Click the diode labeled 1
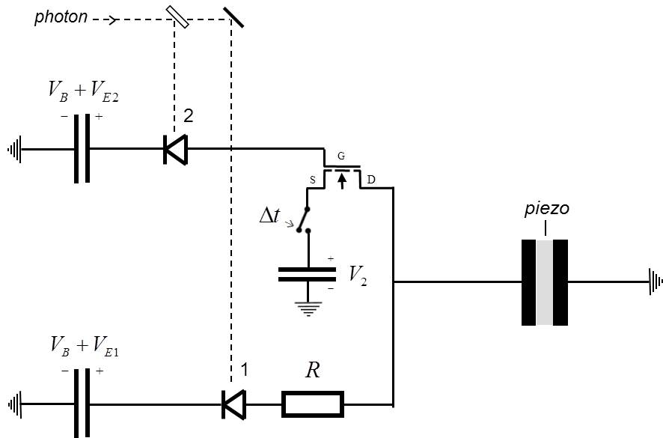pyautogui.click(x=233, y=405)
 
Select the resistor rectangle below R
pyautogui.click(x=312, y=404)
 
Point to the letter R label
pyautogui.click(x=313, y=370)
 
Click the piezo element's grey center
pyautogui.click(x=545, y=282)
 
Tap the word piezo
pyautogui.click(x=546, y=209)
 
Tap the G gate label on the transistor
pyautogui.click(x=341, y=157)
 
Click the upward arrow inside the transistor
pyautogui.click(x=342, y=181)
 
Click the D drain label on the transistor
pyautogui.click(x=371, y=180)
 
